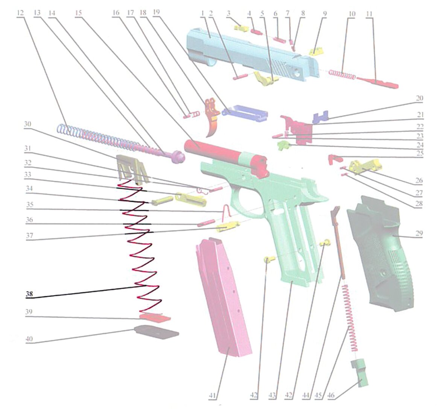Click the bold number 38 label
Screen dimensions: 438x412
click(x=29, y=294)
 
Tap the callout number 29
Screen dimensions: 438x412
click(x=419, y=233)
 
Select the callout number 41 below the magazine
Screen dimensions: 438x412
click(x=213, y=395)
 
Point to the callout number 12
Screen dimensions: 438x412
click(x=20, y=13)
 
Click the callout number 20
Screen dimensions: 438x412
click(x=420, y=98)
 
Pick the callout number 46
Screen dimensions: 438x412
click(x=331, y=395)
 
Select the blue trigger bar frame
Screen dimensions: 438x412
click(x=245, y=113)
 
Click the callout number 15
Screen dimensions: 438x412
click(x=79, y=13)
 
